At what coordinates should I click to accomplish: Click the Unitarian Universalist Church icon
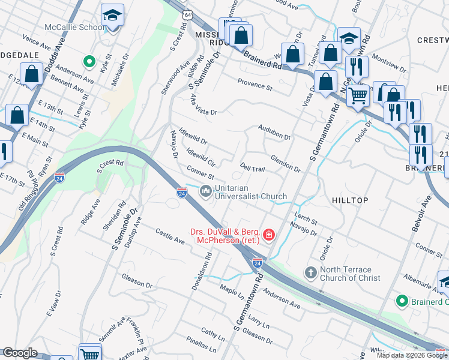206,191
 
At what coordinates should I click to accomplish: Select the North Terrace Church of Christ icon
311,272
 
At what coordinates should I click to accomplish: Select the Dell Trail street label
252,167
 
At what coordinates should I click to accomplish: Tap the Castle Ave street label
170,236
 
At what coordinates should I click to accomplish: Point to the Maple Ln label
232,293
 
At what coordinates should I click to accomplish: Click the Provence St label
255,84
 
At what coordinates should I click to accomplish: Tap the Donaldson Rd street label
202,272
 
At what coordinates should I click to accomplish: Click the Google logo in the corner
20,353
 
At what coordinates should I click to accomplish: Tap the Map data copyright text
412,355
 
